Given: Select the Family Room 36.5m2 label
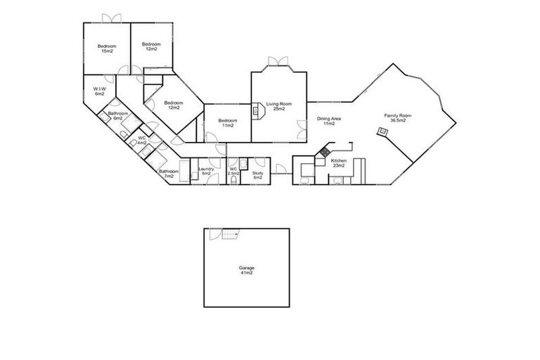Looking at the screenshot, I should tap(397, 117).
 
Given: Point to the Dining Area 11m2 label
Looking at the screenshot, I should tap(328, 121).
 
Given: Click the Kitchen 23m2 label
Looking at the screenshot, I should tap(339, 163).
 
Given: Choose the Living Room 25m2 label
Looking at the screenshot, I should tap(279, 106).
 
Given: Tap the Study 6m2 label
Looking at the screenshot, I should tap(257, 175).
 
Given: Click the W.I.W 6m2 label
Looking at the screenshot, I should tap(99, 91).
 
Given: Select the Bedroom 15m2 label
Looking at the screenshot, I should tap(107, 49).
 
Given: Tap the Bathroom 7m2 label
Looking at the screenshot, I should tap(168, 174).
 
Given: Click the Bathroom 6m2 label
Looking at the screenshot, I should tap(117, 116).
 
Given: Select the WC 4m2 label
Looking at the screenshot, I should tap(142, 140).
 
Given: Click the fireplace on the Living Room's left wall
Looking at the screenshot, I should tap(257, 109).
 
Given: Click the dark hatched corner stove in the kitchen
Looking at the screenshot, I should tap(325, 151).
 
